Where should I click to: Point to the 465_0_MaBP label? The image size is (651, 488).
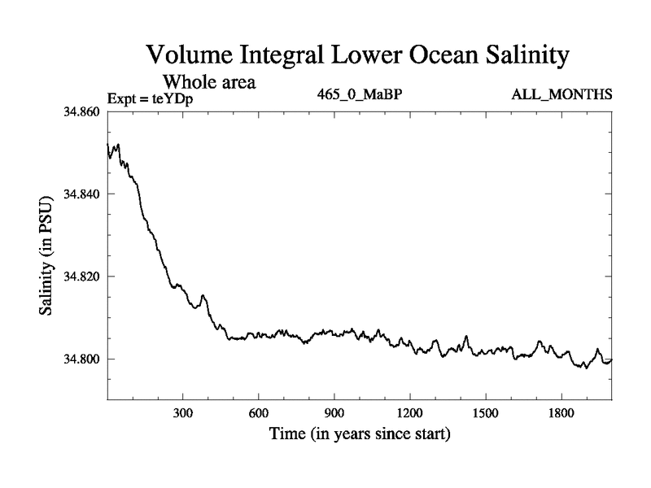[x=360, y=95]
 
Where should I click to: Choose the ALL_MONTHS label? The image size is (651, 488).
[x=561, y=95]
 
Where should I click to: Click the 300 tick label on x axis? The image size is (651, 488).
[x=183, y=413]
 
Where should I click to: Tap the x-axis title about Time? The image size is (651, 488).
[x=360, y=434]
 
